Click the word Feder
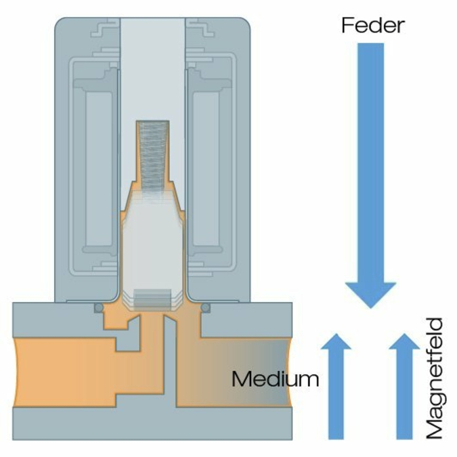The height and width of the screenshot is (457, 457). pos(373,26)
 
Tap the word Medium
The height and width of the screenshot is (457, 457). pos(275,378)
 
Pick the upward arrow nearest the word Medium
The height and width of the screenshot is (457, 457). pos(336,386)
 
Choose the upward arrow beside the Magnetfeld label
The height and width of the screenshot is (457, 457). pos(405,386)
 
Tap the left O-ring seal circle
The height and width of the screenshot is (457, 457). pos(99,308)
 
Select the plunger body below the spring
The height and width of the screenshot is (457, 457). pos(152,244)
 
